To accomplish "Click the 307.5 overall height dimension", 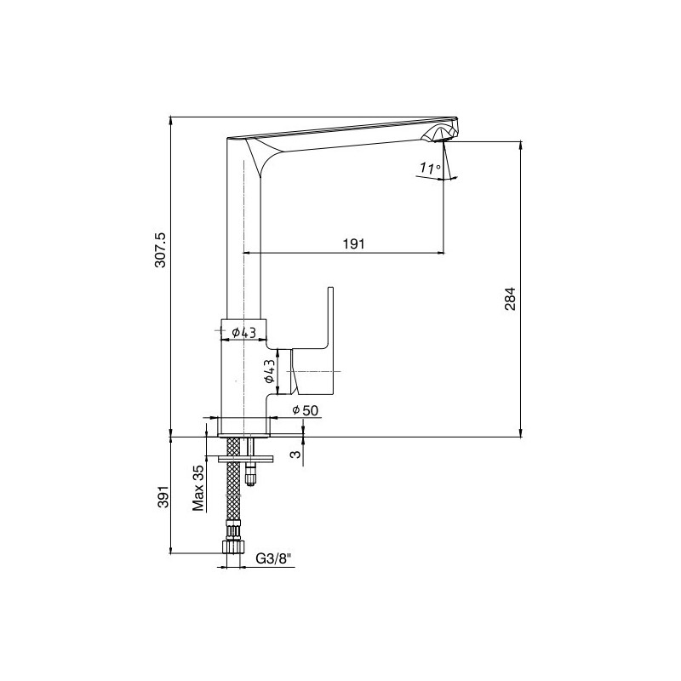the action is pos(160,249).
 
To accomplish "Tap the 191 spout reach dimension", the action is pos(354,244).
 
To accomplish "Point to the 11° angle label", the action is pos(430,168).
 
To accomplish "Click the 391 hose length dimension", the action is pos(163,495).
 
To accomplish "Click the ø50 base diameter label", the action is pos(306,409).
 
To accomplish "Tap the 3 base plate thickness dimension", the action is pos(295,455).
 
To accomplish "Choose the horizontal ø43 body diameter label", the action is pos(243,333).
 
